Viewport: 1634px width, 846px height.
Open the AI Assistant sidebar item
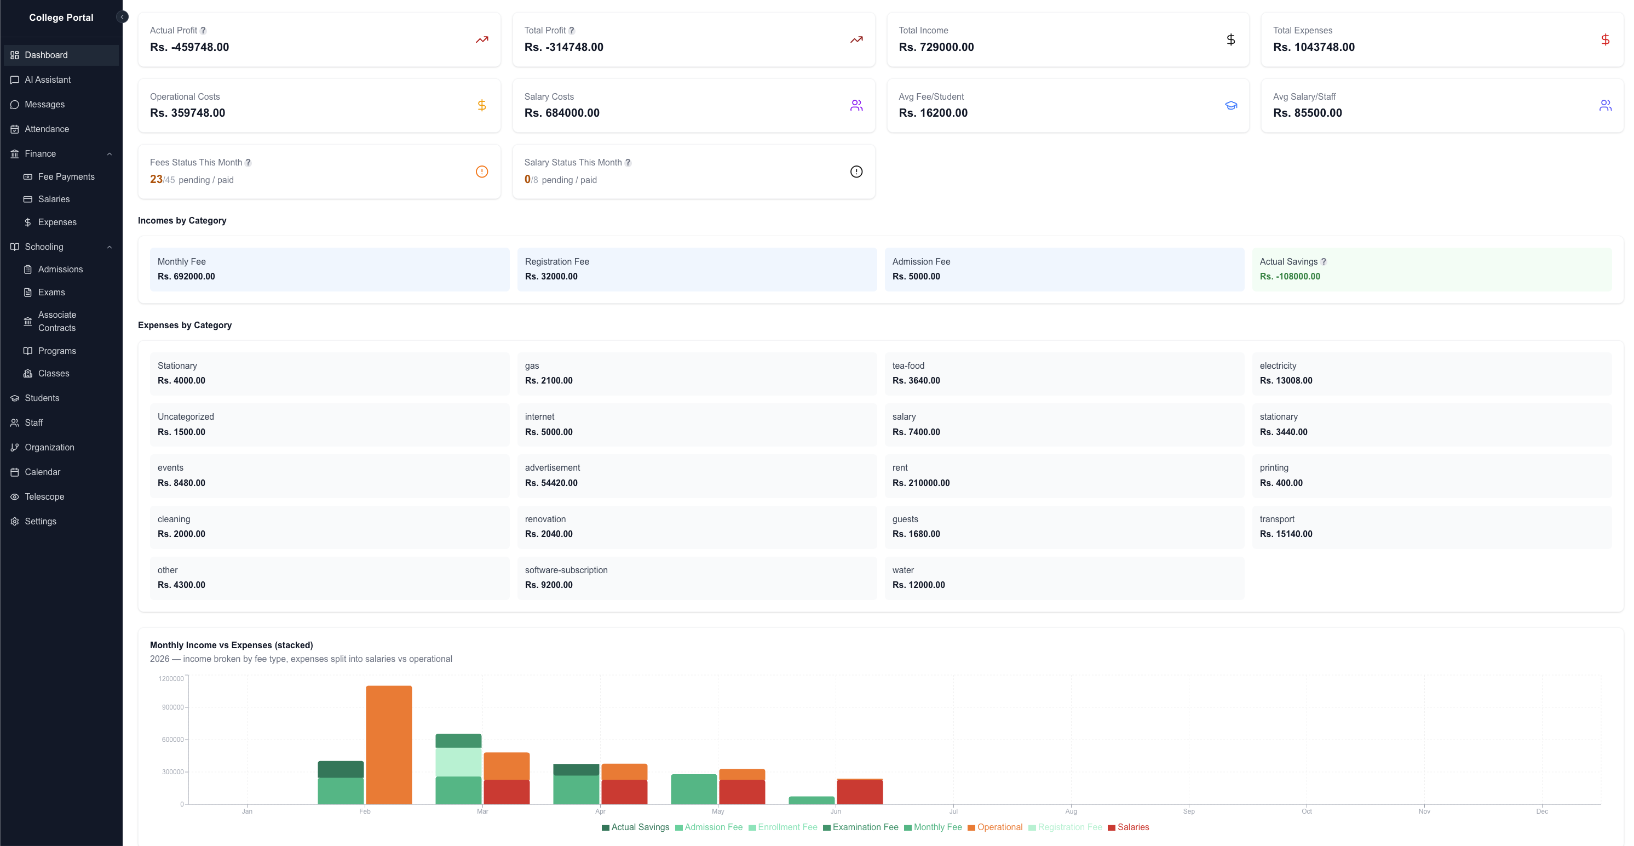(x=48, y=79)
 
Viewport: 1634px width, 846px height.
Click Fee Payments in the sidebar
(x=66, y=176)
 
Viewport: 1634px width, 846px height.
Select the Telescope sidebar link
(x=44, y=496)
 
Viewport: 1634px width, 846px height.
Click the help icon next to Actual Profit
(x=203, y=31)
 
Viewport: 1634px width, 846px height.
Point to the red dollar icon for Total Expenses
(x=1605, y=40)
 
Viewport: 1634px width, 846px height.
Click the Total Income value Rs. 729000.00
(x=936, y=47)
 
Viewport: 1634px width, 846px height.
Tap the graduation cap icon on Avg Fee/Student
(x=1230, y=105)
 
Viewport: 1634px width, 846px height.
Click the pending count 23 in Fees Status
(x=156, y=179)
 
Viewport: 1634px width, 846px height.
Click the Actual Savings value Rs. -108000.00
(x=1290, y=276)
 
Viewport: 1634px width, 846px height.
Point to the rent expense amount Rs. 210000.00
(x=920, y=483)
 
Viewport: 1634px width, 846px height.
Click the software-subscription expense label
(x=566, y=570)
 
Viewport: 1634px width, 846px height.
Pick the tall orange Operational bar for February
(x=389, y=745)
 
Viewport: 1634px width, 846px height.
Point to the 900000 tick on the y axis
(x=172, y=707)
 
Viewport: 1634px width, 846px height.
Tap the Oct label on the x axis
(x=1306, y=811)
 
